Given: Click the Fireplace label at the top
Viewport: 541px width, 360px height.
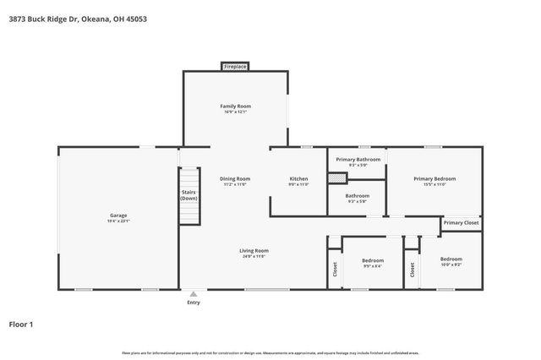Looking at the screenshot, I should [235, 66].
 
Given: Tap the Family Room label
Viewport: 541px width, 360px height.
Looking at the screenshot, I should [236, 106].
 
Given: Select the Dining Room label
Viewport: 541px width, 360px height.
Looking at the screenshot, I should [235, 178].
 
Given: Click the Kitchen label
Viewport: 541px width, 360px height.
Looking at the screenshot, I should [299, 178].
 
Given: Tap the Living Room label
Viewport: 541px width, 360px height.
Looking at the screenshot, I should [254, 250].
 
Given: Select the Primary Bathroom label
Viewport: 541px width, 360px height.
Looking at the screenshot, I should [358, 159].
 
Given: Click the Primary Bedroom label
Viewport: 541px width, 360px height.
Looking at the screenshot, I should [434, 178].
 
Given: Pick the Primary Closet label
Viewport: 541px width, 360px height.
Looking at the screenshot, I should [461, 222].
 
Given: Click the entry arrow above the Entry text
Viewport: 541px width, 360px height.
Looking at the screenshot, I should [194, 294].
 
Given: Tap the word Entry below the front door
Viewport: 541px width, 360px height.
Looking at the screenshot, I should [194, 302].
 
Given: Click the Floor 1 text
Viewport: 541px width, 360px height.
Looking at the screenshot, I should [20, 324].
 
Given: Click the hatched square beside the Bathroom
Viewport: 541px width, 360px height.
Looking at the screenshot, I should [337, 177].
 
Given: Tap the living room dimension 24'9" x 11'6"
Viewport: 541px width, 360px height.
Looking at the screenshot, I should [254, 256].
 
